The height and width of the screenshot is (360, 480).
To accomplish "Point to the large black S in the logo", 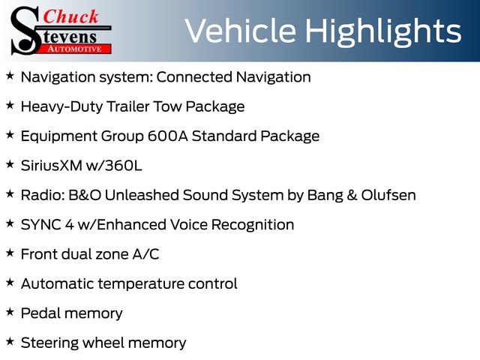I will tap(25, 30).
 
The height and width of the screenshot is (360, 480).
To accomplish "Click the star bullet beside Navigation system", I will tap(10, 76).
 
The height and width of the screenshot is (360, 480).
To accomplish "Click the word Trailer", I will tap(127, 106).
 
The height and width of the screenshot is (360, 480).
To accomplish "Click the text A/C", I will tap(145, 254).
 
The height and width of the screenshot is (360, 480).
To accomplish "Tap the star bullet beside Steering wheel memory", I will tap(10, 341).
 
